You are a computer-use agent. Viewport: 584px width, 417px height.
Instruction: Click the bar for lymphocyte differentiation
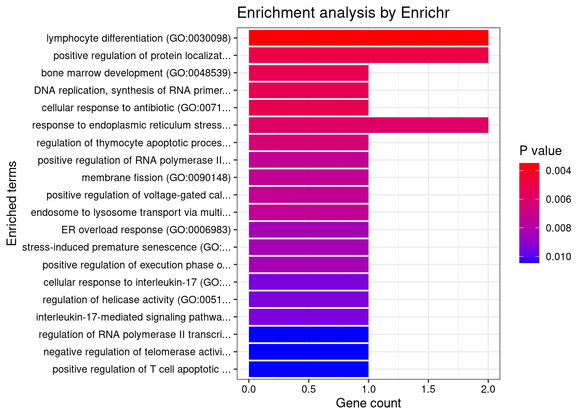click(x=368, y=38)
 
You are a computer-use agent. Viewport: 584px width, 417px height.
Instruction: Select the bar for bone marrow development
click(x=309, y=73)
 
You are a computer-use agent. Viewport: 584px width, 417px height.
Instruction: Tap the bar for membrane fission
click(x=309, y=178)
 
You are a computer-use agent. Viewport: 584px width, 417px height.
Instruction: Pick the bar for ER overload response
click(x=309, y=230)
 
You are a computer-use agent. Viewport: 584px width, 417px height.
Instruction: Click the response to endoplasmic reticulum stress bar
click(x=368, y=125)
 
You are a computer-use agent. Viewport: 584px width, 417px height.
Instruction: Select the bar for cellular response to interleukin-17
click(x=309, y=282)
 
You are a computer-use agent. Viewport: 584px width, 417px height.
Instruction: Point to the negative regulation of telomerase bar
click(x=309, y=352)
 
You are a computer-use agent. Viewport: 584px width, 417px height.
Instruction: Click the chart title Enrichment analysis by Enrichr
click(x=343, y=13)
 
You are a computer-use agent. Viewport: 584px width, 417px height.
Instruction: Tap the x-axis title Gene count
click(x=368, y=403)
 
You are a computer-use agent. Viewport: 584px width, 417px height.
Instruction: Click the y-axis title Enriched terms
click(x=12, y=204)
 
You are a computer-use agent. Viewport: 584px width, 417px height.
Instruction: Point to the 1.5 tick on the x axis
click(x=428, y=389)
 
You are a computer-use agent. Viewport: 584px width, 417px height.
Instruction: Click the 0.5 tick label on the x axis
click(x=309, y=389)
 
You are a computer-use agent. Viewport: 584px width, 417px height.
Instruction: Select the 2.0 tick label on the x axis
click(x=488, y=389)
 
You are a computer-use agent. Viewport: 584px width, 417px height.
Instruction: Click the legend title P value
click(x=541, y=151)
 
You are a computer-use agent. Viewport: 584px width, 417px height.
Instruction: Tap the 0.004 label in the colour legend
click(x=558, y=171)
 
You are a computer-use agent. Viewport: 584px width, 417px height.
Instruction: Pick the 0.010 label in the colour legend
click(x=558, y=257)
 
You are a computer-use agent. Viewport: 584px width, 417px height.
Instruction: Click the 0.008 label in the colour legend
click(x=558, y=228)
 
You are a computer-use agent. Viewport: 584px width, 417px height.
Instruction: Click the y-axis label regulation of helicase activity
click(x=137, y=300)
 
